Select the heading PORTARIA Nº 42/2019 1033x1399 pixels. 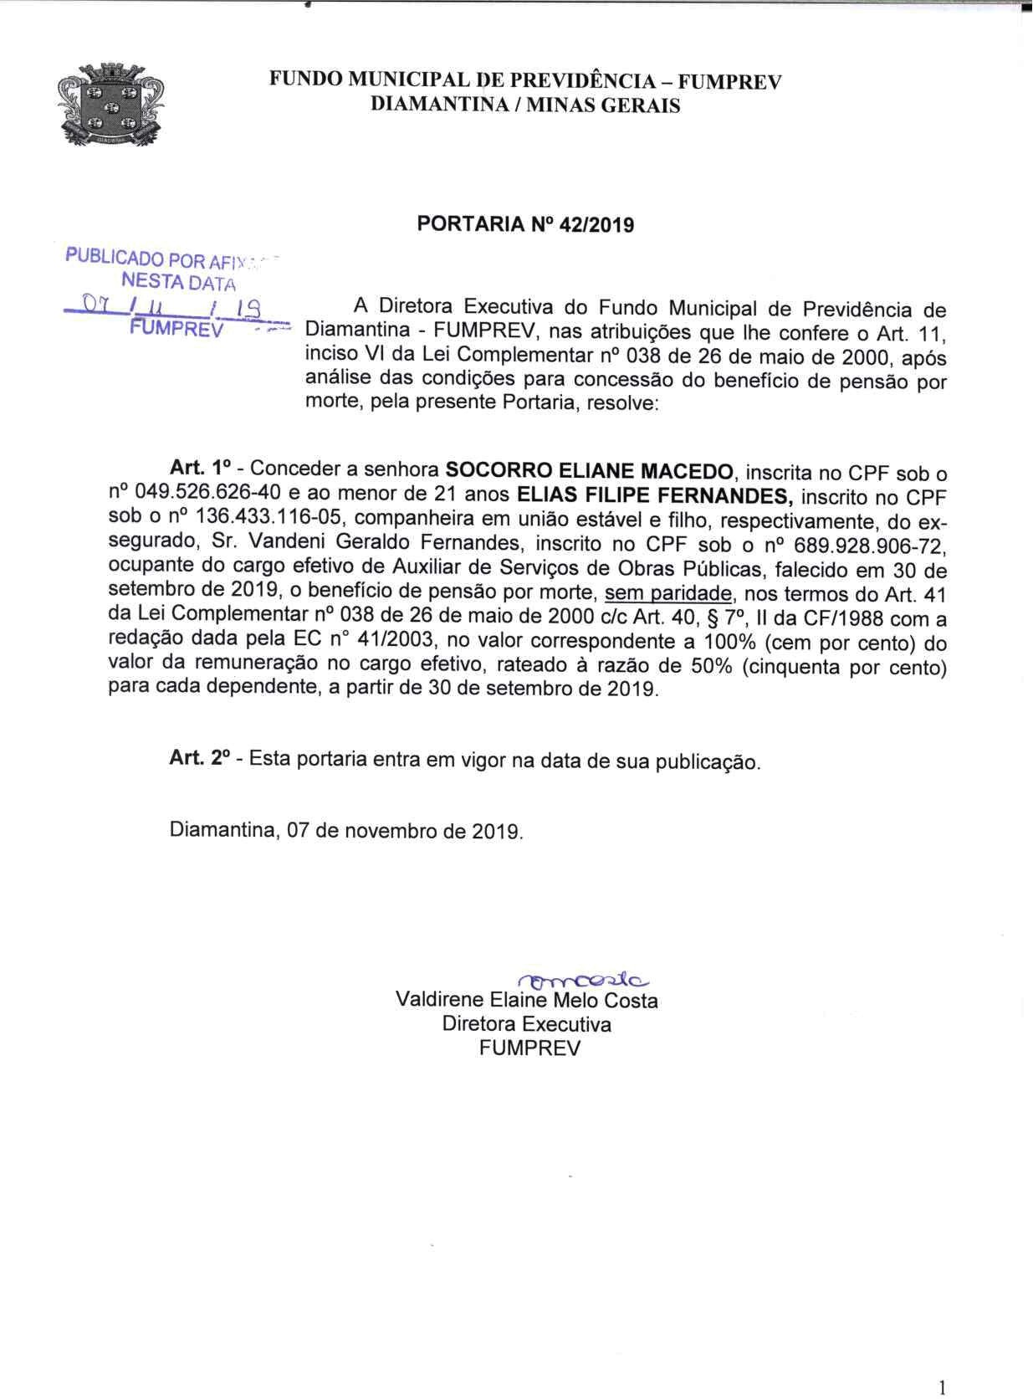click(524, 224)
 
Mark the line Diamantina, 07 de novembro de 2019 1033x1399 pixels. click(346, 831)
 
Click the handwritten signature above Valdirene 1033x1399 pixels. click(583, 980)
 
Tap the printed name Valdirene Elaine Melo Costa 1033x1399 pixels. click(526, 1001)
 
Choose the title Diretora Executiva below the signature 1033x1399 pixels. click(526, 1024)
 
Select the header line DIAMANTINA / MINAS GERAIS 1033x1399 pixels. click(524, 105)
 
